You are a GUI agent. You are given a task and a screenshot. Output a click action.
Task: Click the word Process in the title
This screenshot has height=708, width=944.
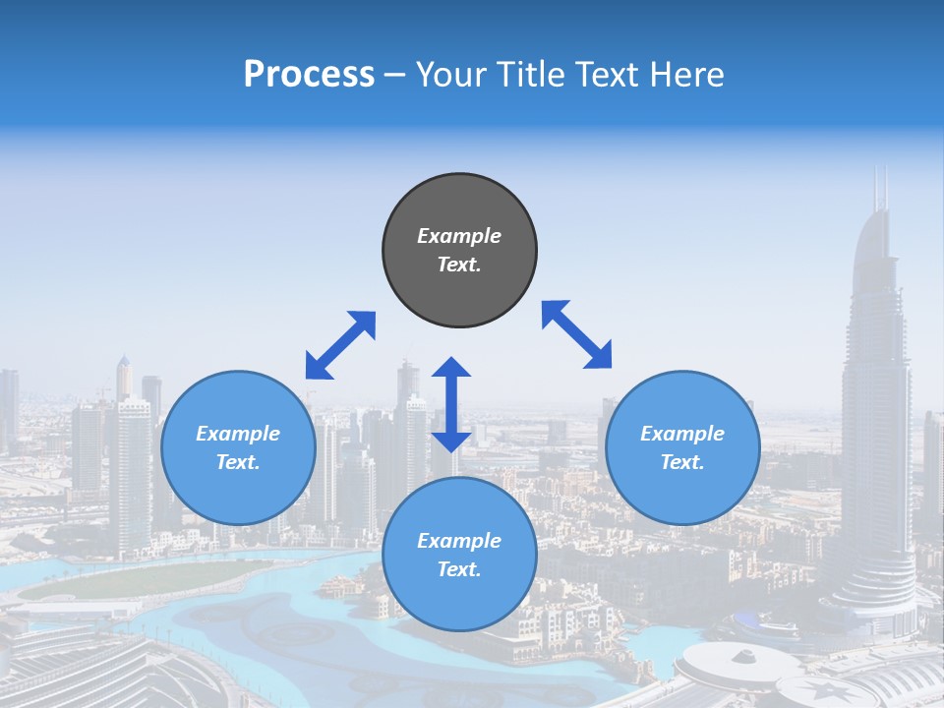pos(309,75)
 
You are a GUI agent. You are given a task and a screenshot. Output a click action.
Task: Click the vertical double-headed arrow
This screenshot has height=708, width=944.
pos(451,404)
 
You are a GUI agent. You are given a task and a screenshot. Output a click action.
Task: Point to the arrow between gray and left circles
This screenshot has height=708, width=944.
pos(340,345)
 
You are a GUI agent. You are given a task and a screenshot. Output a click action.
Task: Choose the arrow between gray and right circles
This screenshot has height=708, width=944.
pos(577,334)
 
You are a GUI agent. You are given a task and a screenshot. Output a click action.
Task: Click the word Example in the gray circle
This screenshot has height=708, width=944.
pos(459,236)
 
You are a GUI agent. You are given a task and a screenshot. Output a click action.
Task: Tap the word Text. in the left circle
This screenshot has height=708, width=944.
pos(238,462)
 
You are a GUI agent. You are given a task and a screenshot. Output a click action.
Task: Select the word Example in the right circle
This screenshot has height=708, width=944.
pos(682,434)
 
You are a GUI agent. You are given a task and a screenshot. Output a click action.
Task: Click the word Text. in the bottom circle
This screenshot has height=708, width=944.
pos(459,569)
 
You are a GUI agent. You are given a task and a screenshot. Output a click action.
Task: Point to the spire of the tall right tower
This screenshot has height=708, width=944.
pos(880,187)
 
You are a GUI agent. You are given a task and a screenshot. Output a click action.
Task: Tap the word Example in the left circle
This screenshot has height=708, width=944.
pos(238,434)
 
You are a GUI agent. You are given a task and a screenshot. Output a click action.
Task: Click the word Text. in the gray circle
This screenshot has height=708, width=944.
pos(459,265)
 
